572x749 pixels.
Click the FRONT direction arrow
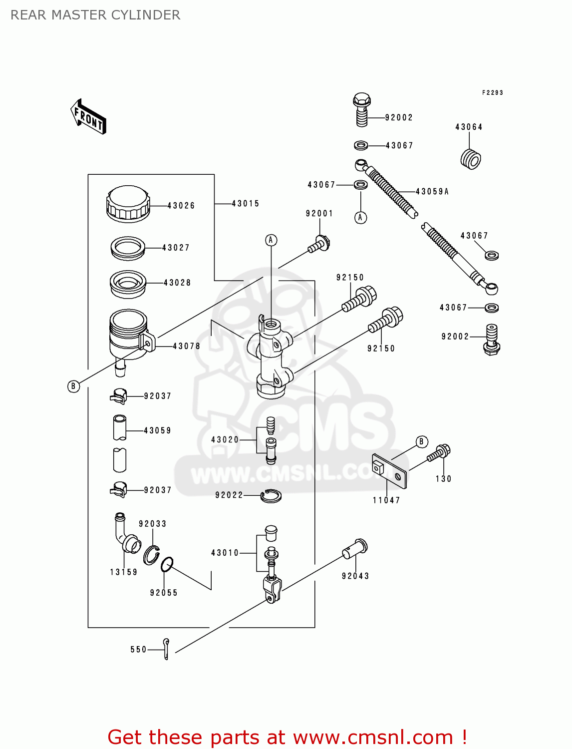pyautogui.click(x=88, y=116)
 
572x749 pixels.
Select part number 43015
pyautogui.click(x=245, y=204)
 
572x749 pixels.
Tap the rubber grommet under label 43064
pyautogui.click(x=470, y=159)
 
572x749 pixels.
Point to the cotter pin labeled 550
pyautogui.click(x=166, y=649)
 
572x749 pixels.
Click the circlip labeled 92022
pyautogui.click(x=271, y=496)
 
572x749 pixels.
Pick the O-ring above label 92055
pyautogui.click(x=167, y=564)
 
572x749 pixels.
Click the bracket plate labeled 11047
pyautogui.click(x=390, y=471)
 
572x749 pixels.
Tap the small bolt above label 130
pyautogui.click(x=439, y=453)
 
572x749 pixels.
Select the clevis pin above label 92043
pyautogui.click(x=355, y=549)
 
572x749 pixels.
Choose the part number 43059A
pyautogui.click(x=432, y=192)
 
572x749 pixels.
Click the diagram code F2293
pyautogui.click(x=492, y=93)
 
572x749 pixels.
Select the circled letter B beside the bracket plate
pyautogui.click(x=421, y=441)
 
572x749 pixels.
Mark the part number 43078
pyautogui.click(x=186, y=346)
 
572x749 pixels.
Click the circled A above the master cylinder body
pyautogui.click(x=271, y=240)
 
